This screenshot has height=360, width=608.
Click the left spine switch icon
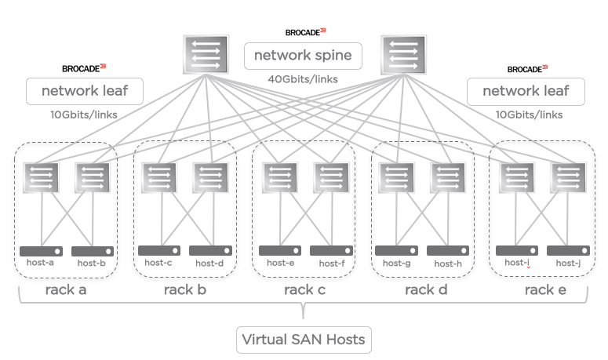(206, 55)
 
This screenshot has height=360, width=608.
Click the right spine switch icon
(403, 55)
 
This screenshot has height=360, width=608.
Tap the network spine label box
(303, 56)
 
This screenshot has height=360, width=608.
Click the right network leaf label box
(526, 91)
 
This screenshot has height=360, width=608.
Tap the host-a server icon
(41, 251)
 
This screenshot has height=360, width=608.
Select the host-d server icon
(211, 251)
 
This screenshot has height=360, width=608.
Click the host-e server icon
(280, 251)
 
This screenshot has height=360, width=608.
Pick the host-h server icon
(448, 251)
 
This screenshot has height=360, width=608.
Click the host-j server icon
(568, 251)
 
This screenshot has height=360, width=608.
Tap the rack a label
(65, 291)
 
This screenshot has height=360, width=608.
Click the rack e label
(545, 291)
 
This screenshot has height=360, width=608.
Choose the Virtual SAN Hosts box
(303, 340)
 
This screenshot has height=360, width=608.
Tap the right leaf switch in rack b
(211, 177)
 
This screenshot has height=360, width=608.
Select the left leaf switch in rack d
(397, 177)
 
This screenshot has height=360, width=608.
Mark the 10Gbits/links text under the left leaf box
(83, 115)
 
